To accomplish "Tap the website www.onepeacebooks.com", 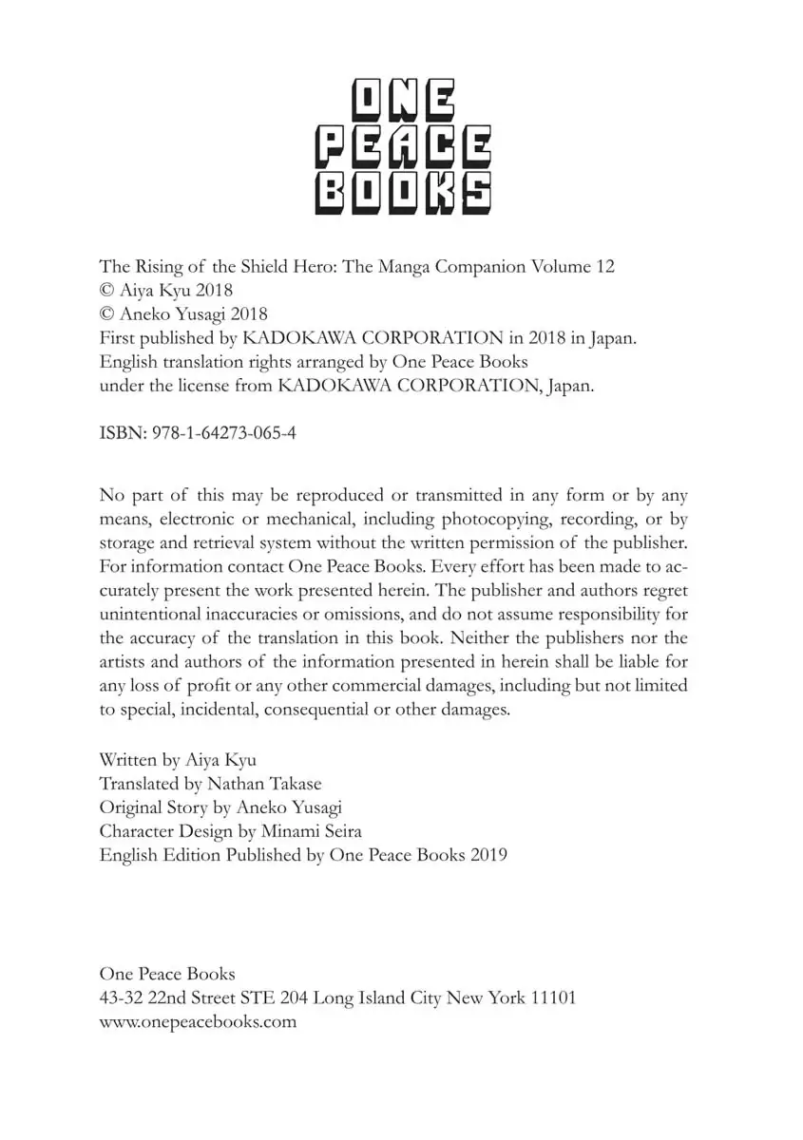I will [198, 1022].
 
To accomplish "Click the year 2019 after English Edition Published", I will [488, 854].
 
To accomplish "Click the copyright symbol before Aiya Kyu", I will [106, 291].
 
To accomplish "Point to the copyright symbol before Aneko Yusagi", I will [106, 314].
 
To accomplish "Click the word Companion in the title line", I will [473, 267].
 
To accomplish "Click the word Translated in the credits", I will [138, 784].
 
